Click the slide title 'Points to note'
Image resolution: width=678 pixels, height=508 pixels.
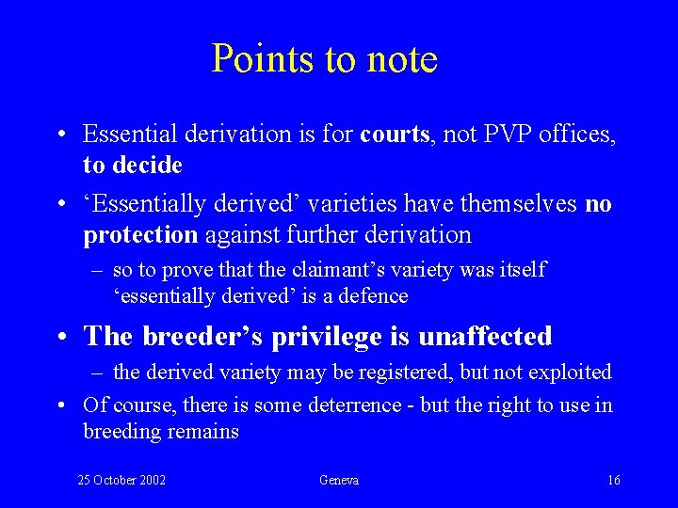(x=325, y=58)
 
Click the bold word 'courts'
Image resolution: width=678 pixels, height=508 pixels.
(x=393, y=135)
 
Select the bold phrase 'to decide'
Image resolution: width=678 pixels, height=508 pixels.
(x=132, y=165)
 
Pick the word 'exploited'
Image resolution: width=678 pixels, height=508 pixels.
(x=569, y=373)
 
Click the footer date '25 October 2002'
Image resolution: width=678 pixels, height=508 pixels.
(x=121, y=481)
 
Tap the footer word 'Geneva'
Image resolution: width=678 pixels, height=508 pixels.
(x=339, y=481)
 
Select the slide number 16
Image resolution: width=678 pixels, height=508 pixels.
(x=613, y=481)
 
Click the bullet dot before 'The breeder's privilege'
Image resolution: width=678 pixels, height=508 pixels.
(x=61, y=337)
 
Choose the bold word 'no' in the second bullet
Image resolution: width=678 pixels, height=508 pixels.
(x=598, y=204)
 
